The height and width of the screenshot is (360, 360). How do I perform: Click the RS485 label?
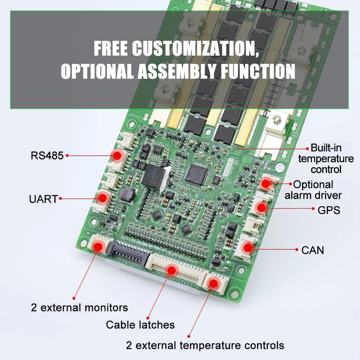coord(47,156)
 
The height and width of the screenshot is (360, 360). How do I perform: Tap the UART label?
coord(43,199)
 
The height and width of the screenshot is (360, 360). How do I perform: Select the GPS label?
coord(329,210)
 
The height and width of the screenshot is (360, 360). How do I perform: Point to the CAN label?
coord(312,250)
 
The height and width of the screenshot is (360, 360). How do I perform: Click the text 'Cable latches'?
coord(140,325)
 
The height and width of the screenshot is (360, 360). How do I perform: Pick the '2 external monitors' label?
coord(80,308)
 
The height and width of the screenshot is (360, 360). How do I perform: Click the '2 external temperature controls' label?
coord(205,345)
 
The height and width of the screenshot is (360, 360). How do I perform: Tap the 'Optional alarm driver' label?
coord(313,190)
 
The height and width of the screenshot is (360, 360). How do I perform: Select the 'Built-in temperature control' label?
coord(326,159)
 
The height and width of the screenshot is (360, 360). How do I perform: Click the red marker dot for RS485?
coord(117,156)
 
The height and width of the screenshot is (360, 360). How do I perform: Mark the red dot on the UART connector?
coord(102,198)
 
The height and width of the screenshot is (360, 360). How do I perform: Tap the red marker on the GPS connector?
coord(261,208)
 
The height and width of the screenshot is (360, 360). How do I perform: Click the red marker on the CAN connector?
coord(248,248)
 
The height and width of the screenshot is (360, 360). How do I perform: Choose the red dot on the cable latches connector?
coord(172,270)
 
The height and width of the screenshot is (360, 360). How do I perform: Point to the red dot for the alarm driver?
coord(266,184)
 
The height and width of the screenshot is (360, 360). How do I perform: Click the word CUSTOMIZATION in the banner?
coord(195,48)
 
